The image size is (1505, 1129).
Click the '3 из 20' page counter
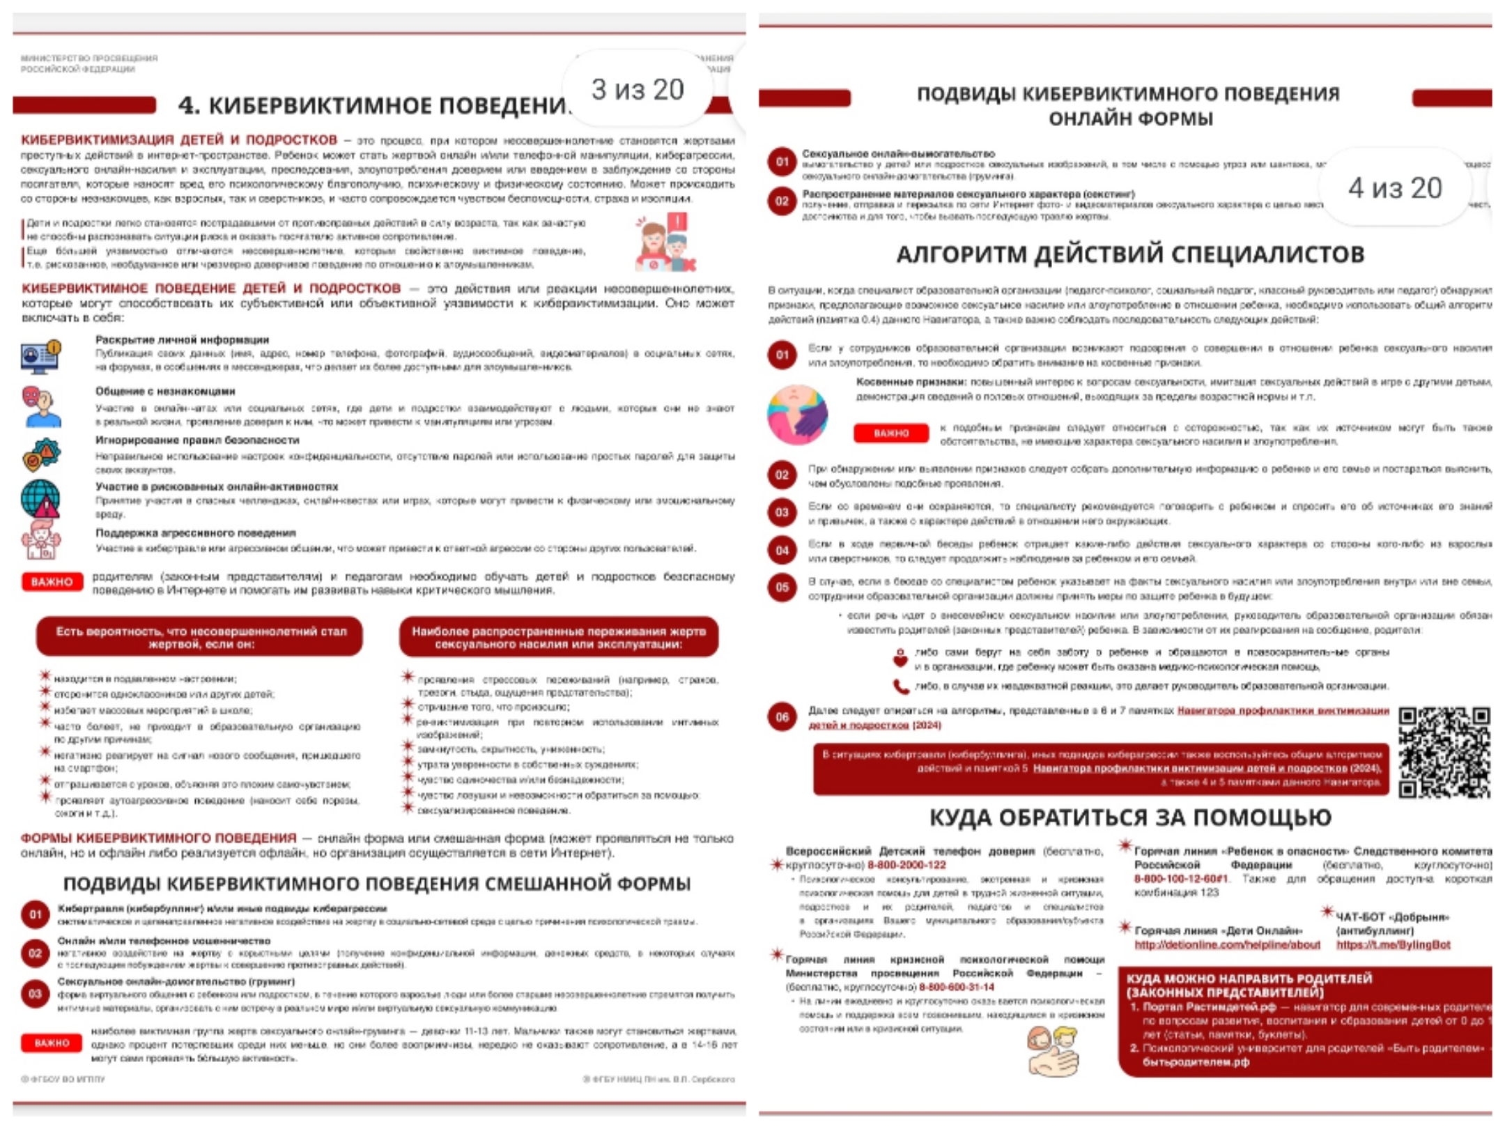coord(638,90)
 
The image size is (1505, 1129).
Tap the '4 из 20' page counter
coord(1395,188)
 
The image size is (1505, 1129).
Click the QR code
coord(1444,752)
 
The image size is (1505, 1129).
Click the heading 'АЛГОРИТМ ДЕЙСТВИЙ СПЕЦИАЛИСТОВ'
coord(1130,254)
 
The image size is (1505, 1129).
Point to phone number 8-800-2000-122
coord(906,865)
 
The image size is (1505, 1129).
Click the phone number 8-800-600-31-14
coord(957,987)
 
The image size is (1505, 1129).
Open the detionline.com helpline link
coord(1227,945)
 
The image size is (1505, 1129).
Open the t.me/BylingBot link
coord(1393,945)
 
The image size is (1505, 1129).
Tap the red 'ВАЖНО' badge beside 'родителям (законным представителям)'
coord(52,582)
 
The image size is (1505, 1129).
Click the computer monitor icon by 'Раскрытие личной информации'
coord(40,356)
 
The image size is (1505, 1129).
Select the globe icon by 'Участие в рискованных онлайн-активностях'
coord(40,499)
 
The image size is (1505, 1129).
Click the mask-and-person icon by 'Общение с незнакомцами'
coord(40,406)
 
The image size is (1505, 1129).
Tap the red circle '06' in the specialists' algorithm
coord(782,717)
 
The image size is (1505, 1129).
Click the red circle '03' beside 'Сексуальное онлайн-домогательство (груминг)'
coord(36,994)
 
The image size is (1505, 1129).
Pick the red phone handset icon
coord(901,686)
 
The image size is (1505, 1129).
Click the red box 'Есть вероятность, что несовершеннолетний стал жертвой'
coord(200,637)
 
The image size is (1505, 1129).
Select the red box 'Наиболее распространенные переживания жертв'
coord(559,637)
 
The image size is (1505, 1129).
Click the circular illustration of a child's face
coord(798,415)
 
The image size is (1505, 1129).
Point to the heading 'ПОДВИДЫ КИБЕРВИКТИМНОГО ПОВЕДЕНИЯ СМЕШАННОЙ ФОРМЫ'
coord(377,884)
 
